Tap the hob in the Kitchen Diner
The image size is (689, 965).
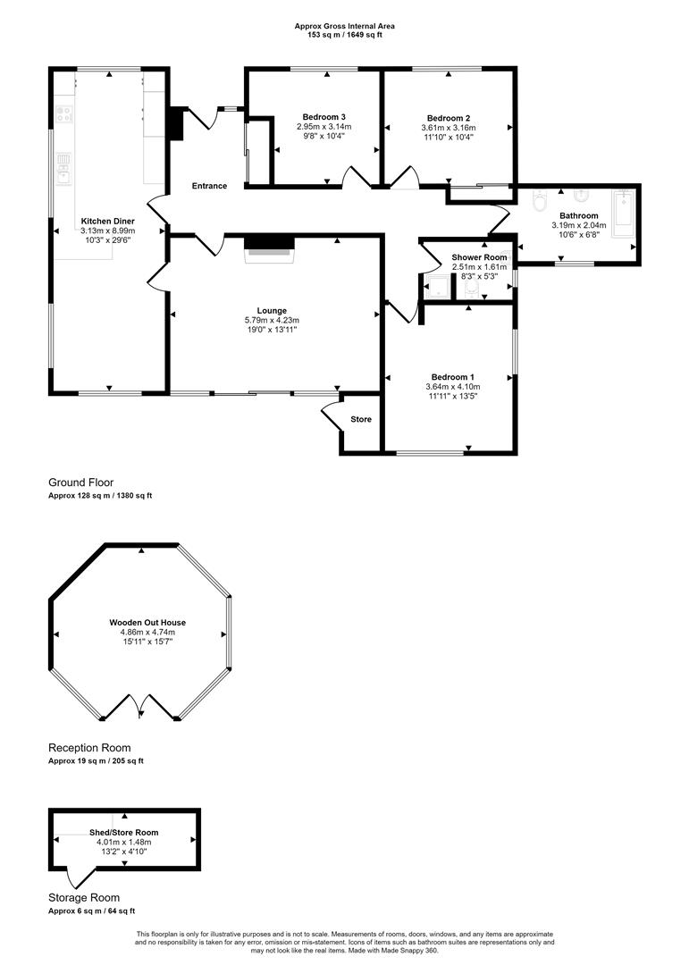tap(64, 113)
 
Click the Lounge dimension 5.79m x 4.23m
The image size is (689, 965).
tap(272, 320)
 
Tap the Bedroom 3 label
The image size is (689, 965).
tap(323, 117)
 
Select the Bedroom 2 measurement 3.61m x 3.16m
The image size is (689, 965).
tap(448, 127)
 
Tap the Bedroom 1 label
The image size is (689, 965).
tap(452, 376)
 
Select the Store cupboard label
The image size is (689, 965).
tap(361, 419)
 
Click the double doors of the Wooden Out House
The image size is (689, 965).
tap(141, 708)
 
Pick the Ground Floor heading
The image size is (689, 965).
tap(81, 482)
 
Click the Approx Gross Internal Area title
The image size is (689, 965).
tap(344, 26)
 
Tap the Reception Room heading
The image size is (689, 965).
tap(89, 748)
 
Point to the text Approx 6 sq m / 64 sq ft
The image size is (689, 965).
tap(91, 910)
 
